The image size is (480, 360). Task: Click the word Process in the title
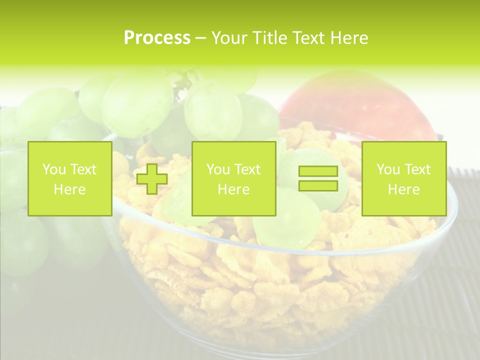[157, 38]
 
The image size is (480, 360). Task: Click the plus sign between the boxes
[152, 178]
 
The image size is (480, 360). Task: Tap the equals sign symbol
[318, 178]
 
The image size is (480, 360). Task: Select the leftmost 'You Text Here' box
[70, 178]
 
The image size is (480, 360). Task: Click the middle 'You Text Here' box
[233, 178]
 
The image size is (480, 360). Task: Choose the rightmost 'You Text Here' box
[403, 178]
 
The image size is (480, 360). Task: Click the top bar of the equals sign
[318, 171]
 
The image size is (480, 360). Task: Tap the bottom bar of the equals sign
[318, 185]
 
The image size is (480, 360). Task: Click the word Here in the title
[348, 38]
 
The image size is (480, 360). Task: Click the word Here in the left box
[70, 189]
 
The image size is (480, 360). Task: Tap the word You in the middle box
[218, 169]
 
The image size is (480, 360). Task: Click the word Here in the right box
[403, 189]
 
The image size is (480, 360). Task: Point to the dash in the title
[200, 38]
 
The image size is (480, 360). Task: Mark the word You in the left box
[54, 169]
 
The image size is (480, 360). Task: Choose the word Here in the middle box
[233, 189]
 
